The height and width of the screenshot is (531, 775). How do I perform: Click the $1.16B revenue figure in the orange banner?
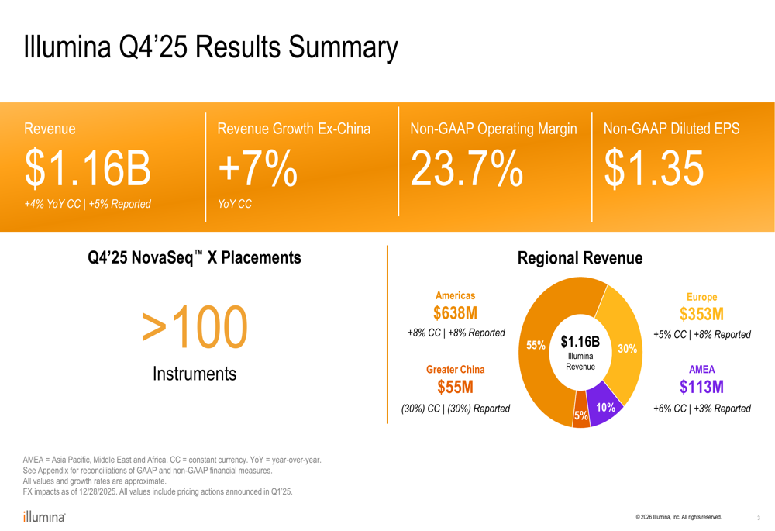[88, 169]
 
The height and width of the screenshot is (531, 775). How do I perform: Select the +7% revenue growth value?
[257, 169]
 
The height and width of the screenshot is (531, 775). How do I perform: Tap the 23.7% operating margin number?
[466, 169]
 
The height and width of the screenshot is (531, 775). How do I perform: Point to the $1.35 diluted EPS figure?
[653, 169]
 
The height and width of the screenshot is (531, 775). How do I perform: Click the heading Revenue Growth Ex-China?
[294, 129]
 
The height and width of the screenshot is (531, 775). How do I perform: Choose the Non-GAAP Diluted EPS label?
[671, 129]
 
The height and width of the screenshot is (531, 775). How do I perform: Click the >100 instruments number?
[195, 327]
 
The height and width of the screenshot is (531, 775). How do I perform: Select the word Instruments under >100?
[195, 374]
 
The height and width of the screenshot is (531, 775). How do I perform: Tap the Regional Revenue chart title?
[580, 258]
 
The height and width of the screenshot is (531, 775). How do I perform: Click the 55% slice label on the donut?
[536, 346]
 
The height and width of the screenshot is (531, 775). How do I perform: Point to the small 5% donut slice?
[580, 417]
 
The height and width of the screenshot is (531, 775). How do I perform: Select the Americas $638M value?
[456, 313]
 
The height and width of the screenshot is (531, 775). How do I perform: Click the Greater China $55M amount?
[456, 387]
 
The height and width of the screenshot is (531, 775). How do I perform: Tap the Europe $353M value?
[701, 314]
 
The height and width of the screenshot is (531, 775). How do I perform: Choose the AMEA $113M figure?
[701, 387]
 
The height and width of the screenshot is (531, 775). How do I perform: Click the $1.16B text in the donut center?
[580, 341]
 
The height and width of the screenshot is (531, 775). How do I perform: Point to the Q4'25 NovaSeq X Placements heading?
[195, 257]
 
